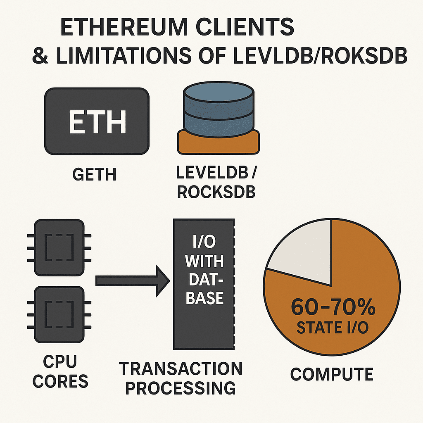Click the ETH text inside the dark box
pyautogui.click(x=97, y=121)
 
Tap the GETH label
pyautogui.click(x=94, y=175)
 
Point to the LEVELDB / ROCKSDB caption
pyautogui.click(x=216, y=183)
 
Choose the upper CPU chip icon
pyautogui.click(x=58, y=247)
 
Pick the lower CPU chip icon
pyautogui.click(x=58, y=315)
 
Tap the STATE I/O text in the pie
pyautogui.click(x=333, y=328)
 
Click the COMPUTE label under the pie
pyautogui.click(x=332, y=374)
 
